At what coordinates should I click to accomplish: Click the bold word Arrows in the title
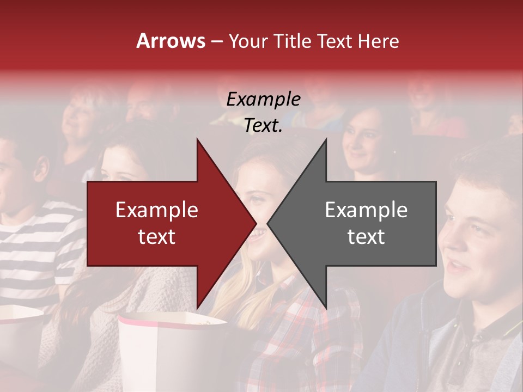tap(170, 41)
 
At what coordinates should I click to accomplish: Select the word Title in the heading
tap(289, 41)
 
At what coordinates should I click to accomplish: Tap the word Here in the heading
tap(378, 41)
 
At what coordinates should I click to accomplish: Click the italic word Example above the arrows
tap(263, 100)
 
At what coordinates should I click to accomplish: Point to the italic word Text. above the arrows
tap(263, 126)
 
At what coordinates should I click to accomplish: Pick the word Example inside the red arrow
tap(157, 210)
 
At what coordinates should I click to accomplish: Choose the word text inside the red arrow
tap(157, 237)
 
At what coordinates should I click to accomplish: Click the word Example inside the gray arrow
tap(366, 210)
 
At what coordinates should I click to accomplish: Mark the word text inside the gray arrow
tap(366, 237)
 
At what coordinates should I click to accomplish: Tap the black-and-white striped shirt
tap(38, 245)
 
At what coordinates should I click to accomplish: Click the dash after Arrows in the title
tap(216, 41)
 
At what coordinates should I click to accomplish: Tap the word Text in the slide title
tap(336, 41)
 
